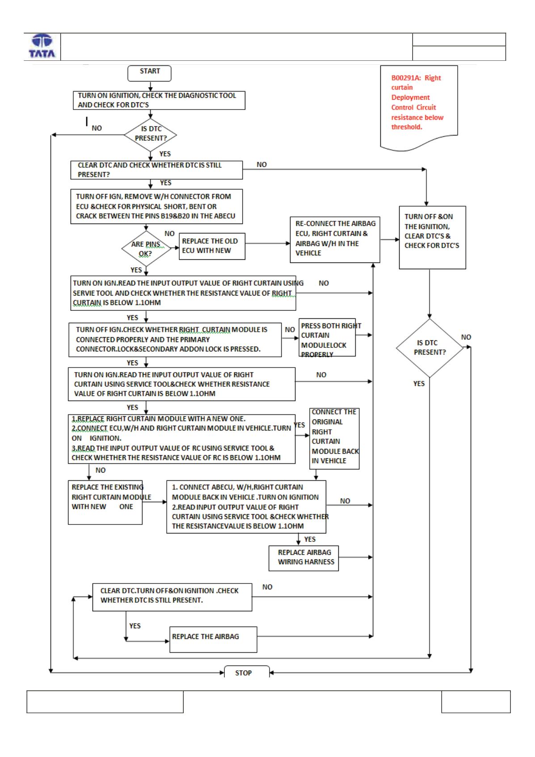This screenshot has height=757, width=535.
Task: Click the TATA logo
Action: pos(42,46)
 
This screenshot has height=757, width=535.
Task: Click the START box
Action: pos(149,73)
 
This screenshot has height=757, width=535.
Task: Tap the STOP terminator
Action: pos(247,672)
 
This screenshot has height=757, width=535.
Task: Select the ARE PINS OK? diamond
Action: pos(146,249)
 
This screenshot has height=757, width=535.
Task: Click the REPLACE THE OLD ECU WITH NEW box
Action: pos(212,246)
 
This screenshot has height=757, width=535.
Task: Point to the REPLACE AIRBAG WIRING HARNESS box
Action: pos(303,558)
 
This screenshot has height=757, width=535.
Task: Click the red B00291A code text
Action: pos(406,78)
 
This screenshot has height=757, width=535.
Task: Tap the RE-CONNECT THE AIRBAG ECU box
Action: pos(335,240)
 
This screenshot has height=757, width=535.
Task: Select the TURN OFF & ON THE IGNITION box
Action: pos(432,237)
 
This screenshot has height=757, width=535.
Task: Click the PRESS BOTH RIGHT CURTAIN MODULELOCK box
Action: pos(327,337)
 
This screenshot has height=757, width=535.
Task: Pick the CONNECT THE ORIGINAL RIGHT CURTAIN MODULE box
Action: pos(334,439)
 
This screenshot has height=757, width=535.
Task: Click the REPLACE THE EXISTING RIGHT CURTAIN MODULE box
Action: pos(105,503)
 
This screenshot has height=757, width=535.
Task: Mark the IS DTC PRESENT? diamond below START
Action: pos(150,135)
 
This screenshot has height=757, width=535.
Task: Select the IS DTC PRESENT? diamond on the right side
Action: pos(430,348)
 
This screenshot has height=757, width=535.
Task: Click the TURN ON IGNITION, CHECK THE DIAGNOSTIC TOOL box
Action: pos(159,100)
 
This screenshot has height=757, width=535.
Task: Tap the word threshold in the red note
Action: pos(406,127)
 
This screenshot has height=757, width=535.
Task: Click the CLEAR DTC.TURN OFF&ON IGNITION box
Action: pos(172,597)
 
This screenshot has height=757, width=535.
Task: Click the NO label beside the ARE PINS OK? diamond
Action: pos(169,233)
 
